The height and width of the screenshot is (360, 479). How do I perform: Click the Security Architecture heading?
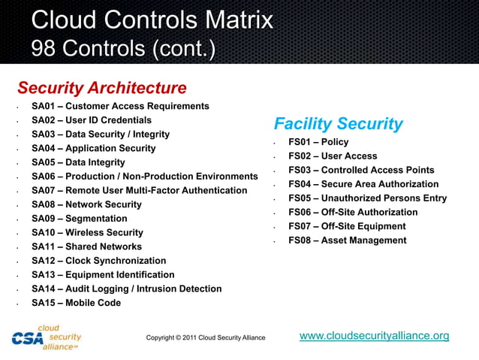point(101,88)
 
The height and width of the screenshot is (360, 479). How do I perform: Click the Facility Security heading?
point(338,124)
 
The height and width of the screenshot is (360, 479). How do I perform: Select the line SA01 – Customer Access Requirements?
point(120,106)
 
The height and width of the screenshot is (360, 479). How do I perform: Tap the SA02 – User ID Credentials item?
point(92,120)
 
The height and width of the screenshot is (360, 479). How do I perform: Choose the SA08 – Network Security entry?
point(86,204)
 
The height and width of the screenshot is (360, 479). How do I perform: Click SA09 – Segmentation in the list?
point(79,219)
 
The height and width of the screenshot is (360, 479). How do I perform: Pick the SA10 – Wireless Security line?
point(87,233)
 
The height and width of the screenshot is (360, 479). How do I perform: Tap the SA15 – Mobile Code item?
point(76,303)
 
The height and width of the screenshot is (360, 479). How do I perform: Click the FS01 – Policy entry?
point(318,142)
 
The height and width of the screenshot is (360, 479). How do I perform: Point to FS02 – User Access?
point(333,156)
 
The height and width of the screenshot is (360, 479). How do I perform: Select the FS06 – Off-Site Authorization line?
point(353,213)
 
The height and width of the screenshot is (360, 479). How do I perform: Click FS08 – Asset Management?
point(348,241)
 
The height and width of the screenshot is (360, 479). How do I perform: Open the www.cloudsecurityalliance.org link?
point(374,336)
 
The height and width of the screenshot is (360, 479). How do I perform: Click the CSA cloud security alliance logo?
point(47,337)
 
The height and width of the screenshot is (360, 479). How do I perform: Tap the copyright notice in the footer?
point(206,338)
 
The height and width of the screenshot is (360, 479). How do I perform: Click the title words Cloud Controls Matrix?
point(152,20)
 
